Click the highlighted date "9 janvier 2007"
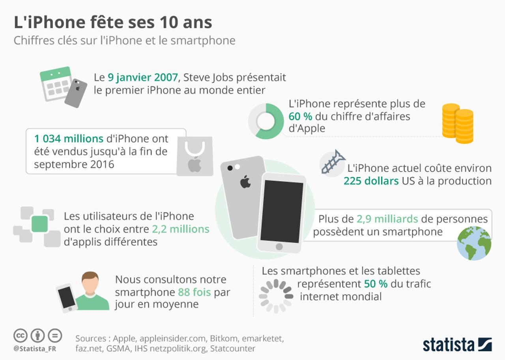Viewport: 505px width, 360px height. [143, 77]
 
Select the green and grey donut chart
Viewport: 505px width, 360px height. [266, 121]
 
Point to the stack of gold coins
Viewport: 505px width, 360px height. [458, 123]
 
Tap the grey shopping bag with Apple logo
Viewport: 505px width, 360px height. [195, 156]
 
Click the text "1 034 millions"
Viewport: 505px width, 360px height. [69, 139]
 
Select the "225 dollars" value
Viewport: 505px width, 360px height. [371, 181]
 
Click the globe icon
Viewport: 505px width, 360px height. [474, 243]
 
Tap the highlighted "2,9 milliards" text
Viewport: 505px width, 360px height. [387, 219]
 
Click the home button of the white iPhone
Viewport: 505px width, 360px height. [279, 247]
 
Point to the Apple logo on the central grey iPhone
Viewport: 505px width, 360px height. [245, 182]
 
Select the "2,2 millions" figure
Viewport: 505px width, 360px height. [181, 229]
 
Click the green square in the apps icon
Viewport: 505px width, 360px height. [39, 224]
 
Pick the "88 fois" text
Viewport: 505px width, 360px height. [194, 292]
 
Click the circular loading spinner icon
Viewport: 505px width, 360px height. [276, 296]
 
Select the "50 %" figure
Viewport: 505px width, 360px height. [376, 284]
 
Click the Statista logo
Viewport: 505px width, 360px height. [457, 344]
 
